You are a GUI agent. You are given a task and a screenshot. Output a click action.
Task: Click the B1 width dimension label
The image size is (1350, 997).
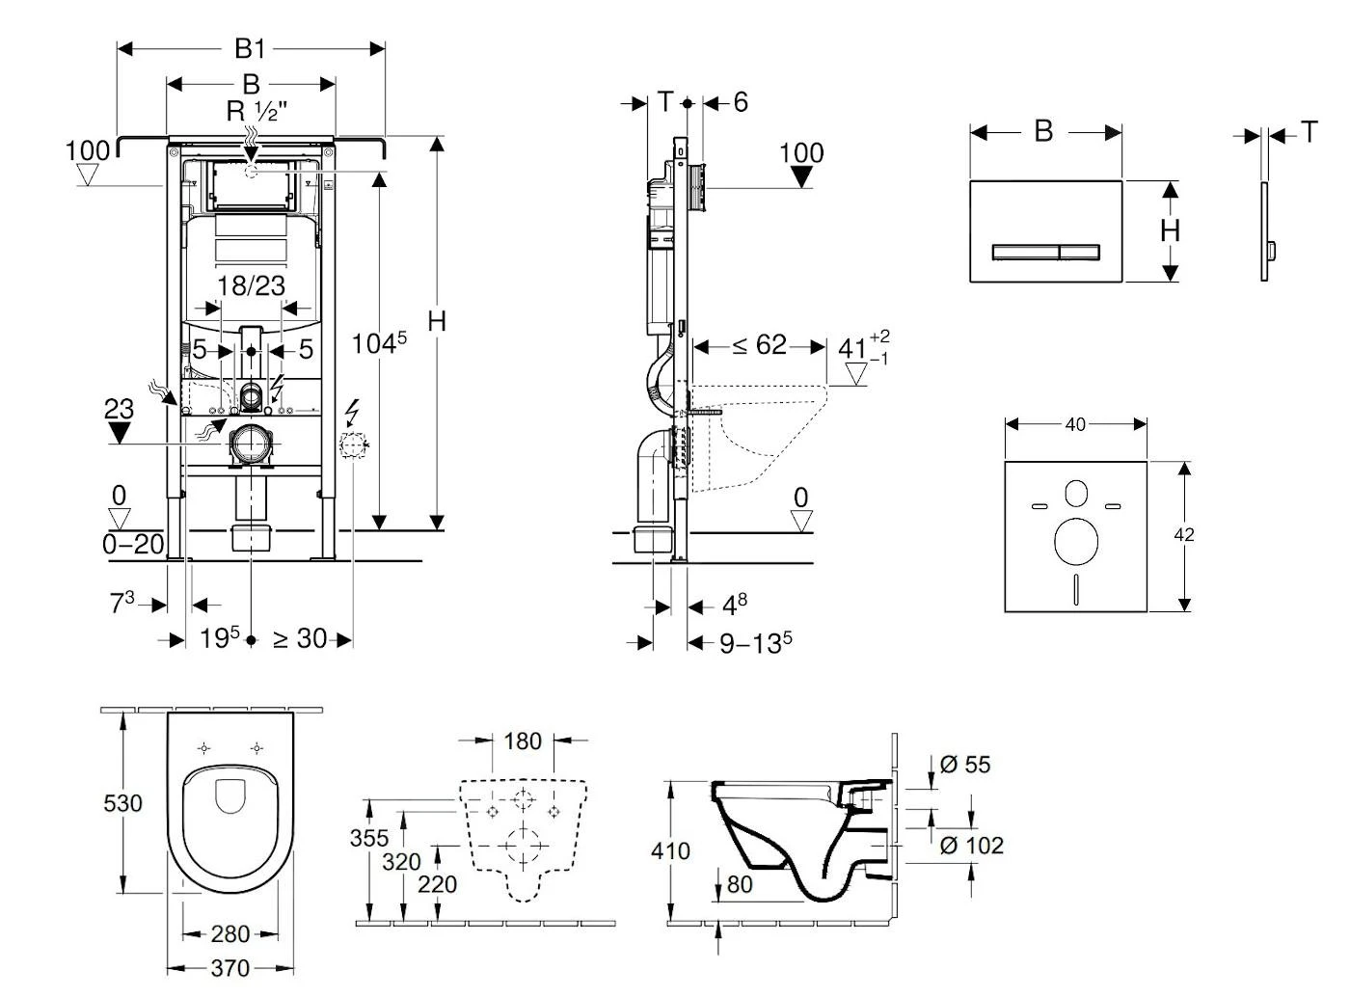coord(250,48)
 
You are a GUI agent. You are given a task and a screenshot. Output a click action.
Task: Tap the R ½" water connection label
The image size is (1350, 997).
coord(257,112)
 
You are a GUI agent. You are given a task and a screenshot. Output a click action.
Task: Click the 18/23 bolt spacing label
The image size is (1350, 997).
coord(251,285)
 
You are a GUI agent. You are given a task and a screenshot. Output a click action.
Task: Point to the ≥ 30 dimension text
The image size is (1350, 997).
coord(299,638)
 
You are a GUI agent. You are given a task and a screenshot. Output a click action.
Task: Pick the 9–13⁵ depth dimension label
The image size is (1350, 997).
coord(756,642)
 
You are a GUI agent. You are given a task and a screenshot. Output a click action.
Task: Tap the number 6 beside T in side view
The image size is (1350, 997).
coord(741,101)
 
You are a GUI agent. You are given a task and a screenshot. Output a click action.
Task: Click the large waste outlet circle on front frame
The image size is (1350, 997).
coord(253,445)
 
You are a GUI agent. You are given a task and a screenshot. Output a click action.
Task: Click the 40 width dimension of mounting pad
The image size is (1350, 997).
coord(1075,424)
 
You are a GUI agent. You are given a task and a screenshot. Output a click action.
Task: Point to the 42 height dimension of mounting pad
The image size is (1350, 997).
coord(1185,534)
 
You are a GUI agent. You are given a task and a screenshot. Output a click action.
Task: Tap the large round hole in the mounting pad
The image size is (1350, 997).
coord(1076,541)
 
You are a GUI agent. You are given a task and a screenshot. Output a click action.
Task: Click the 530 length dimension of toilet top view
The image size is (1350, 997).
coord(122,803)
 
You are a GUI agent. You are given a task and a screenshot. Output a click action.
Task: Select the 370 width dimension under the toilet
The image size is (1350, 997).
coord(229,967)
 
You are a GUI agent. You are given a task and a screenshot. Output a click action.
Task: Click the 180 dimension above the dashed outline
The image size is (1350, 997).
coord(523,741)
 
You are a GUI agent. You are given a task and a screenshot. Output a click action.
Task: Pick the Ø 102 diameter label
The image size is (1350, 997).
coord(971,846)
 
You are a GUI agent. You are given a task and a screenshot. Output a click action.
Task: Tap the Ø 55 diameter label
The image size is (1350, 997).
coord(964,765)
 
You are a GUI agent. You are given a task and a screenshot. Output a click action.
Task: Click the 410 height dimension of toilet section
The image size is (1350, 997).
coord(670,850)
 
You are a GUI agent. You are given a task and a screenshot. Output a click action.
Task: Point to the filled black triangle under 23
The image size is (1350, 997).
coord(118,433)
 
